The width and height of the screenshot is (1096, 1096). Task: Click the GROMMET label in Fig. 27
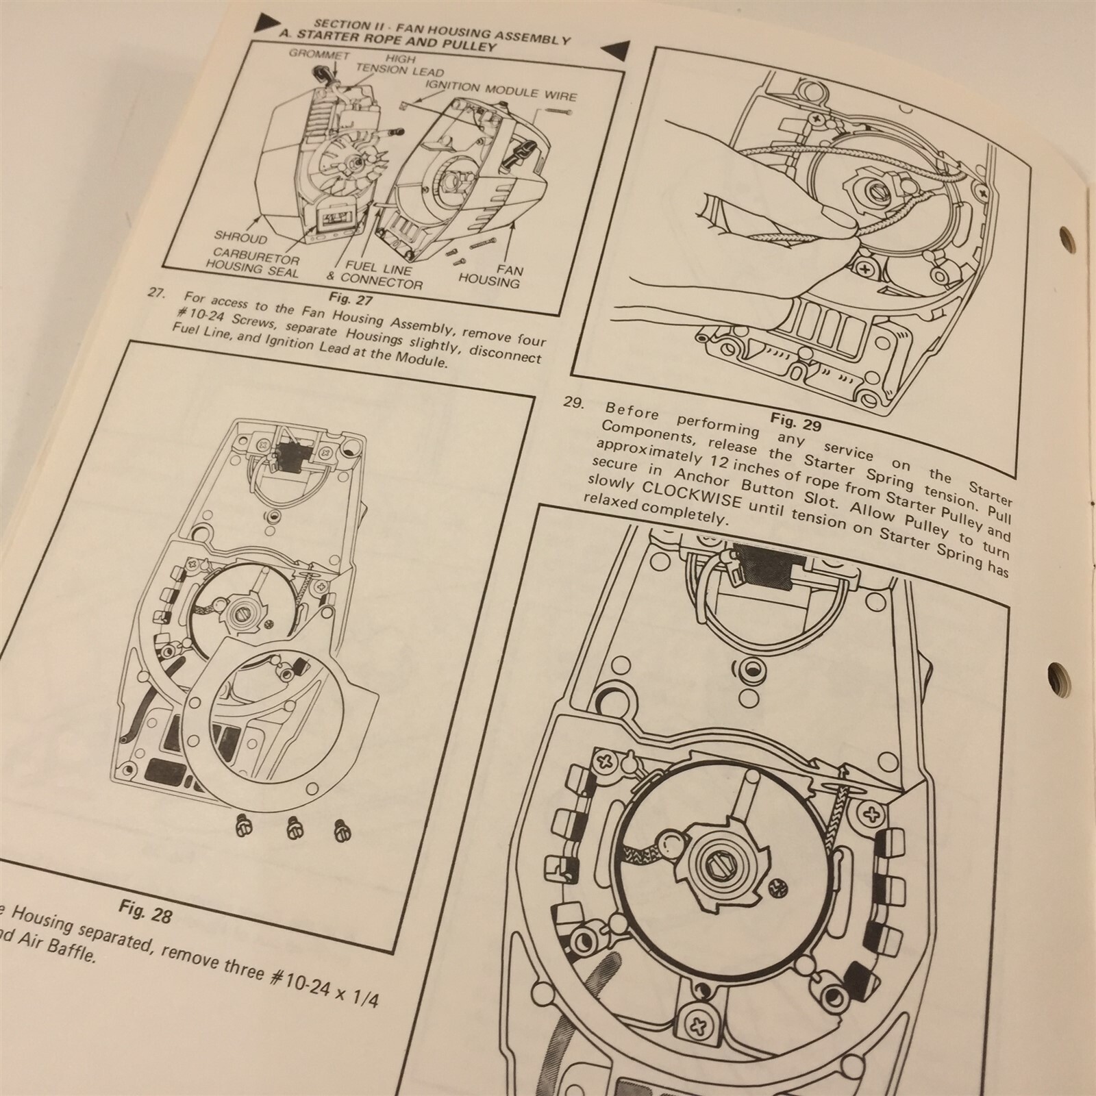tap(319, 54)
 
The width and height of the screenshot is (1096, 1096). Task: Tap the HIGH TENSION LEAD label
tap(400, 65)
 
